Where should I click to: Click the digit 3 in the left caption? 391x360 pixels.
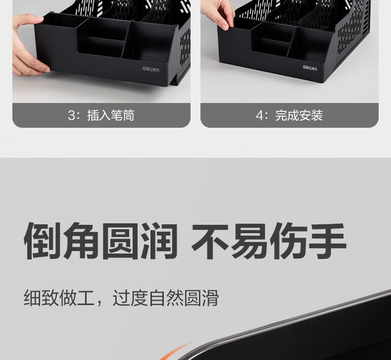click(72, 115)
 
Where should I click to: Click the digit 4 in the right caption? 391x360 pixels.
click(259, 115)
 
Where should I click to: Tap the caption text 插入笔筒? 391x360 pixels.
click(111, 115)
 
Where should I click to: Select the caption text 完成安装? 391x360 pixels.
click(299, 115)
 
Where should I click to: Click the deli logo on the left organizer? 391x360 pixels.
click(151, 69)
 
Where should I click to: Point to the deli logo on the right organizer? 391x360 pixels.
click(310, 68)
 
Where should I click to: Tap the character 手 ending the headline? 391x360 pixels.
click(328, 241)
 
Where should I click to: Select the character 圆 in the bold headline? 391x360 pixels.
click(120, 241)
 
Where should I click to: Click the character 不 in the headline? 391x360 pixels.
click(210, 241)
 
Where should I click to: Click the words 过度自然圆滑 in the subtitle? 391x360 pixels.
click(166, 298)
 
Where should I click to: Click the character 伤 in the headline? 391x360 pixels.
click(288, 241)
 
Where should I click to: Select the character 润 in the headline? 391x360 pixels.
click(159, 241)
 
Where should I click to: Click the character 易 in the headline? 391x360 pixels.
click(249, 241)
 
